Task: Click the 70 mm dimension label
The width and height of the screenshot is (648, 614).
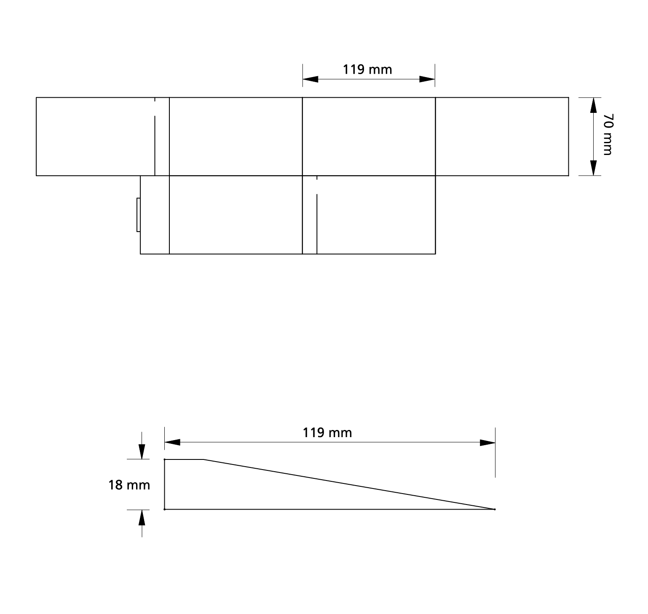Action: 608,134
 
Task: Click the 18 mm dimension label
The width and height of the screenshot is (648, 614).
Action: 129,485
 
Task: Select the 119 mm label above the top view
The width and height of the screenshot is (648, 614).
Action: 367,69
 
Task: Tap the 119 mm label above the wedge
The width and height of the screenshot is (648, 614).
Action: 327,432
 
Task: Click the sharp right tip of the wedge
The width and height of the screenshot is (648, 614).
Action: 495,510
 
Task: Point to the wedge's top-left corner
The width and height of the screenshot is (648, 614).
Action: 164,459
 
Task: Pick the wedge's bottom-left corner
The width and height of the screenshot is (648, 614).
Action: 164,510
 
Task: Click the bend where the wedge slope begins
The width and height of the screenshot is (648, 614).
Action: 204,459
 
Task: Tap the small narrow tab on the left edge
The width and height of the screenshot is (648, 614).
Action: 138,215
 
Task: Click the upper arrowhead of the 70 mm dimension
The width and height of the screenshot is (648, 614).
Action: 593,105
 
